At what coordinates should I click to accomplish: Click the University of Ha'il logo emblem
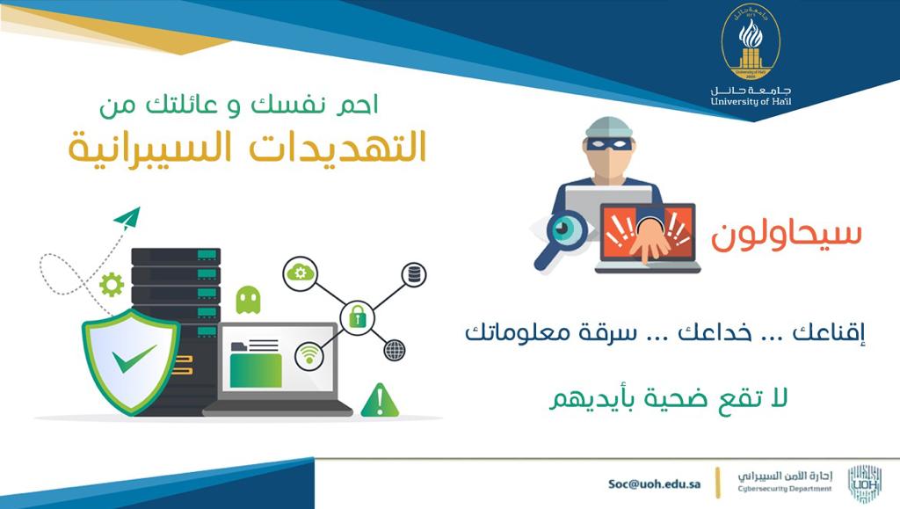pos(751,44)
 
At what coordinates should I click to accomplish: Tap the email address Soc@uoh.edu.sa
pos(654,484)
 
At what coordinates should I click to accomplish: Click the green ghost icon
pos(248,299)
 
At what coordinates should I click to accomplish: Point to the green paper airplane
pos(127,218)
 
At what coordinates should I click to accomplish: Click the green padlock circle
pos(357,317)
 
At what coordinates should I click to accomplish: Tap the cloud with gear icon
pos(301,273)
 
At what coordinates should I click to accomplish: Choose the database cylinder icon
pos(413,274)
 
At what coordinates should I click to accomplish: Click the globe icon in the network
pos(395,350)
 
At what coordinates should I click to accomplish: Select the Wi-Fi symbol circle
pos(308,354)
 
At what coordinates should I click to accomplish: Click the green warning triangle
pos(380,399)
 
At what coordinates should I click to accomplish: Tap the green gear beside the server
pos(112,285)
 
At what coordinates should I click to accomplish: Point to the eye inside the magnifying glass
pos(562,229)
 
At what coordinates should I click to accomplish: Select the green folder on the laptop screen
pos(256,367)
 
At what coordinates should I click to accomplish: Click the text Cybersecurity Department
pos(785,489)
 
